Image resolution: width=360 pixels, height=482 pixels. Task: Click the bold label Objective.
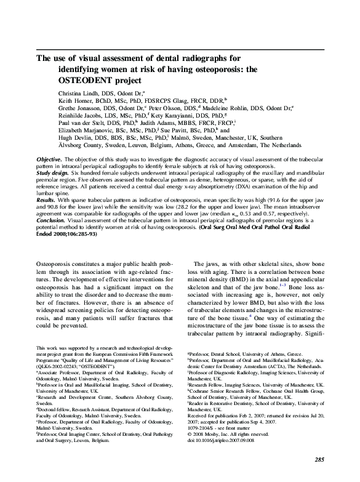tap(49, 159)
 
